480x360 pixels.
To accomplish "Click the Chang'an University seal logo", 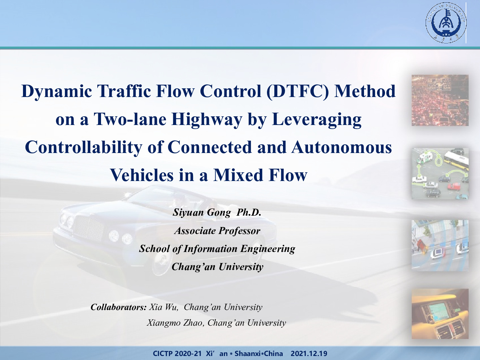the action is point(446,23).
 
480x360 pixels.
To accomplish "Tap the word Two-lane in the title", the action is point(130,119).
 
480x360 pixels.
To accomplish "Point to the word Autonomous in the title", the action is point(341,147).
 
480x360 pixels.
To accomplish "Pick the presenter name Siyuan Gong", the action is point(202,212).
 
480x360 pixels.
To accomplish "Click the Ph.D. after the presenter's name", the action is point(249,212).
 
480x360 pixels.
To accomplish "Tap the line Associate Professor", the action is point(217,231).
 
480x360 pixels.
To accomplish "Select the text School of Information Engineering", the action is point(217,249).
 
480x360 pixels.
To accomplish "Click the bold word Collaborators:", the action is point(119,307).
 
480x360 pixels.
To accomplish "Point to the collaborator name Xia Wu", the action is point(163,307).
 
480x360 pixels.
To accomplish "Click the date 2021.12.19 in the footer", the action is point(309,353).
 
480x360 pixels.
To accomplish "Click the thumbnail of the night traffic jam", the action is point(440,100).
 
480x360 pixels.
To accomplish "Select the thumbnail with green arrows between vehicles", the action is point(440,174).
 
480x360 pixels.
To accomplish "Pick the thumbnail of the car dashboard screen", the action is point(440,314).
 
